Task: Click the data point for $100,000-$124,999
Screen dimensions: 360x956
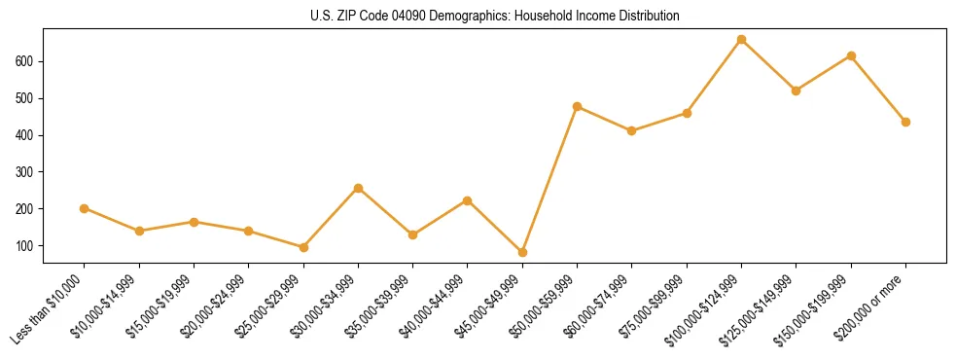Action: (x=741, y=40)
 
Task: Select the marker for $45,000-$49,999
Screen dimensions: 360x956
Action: (x=522, y=252)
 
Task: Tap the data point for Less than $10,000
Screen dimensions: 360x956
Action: (x=85, y=208)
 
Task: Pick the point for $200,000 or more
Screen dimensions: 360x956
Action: (x=905, y=122)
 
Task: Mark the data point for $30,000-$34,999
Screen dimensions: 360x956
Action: (x=358, y=188)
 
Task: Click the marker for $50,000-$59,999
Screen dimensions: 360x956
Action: (x=577, y=106)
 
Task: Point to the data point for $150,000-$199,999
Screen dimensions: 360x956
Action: (x=851, y=55)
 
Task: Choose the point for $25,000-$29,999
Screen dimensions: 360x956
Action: (x=303, y=247)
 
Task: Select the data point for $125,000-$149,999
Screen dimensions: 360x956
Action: (x=796, y=90)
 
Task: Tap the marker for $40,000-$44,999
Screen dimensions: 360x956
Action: (x=468, y=200)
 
